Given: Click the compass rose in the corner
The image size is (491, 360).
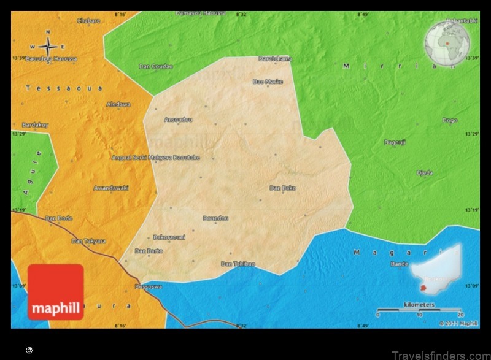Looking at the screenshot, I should point(48,45).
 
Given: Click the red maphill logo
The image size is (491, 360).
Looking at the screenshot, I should point(56,292).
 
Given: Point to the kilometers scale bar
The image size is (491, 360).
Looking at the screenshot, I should point(420,310).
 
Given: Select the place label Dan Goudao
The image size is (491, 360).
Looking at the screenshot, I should point(156,66).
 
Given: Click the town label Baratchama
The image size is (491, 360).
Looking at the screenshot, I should point(274,59).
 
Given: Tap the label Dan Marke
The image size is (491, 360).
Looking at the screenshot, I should point(268,81).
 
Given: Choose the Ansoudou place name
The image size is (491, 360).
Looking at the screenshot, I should point(178,119).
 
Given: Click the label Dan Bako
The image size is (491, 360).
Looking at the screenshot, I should point(282,188).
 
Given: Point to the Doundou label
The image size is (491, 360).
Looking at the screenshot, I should point(215,218).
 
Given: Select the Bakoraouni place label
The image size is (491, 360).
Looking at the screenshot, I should point(169,237).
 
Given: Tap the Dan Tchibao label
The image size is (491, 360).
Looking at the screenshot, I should point(238,264).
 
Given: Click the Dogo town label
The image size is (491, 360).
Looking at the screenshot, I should point(450,120).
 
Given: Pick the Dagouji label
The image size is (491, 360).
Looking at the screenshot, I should point(395,142).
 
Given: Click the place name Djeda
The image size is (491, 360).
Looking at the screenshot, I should point(425,173).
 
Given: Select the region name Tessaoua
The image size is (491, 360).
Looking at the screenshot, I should point(64,88).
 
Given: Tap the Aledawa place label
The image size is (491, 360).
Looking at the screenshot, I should point(118,104).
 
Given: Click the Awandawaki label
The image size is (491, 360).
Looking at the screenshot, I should point(111,188).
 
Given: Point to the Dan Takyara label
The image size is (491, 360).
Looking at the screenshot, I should point(89,241).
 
